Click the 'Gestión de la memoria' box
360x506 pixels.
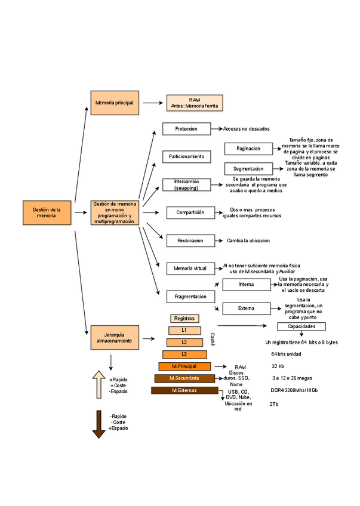coord(47,213)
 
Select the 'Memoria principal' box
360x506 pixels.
coord(115,103)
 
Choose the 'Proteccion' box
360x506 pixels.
coord(187,129)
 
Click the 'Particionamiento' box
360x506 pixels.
coord(187,156)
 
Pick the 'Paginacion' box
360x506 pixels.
coord(248,149)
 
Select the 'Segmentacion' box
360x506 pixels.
coord(248,169)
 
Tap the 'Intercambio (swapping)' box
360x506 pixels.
coord(187,184)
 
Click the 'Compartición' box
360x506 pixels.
coord(190,212)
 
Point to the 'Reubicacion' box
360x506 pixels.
coord(190,240)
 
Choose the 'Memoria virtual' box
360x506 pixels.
coord(190,269)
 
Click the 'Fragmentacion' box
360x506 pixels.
coord(190,297)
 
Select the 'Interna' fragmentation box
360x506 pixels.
coord(246,285)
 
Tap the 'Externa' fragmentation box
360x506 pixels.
coord(246,308)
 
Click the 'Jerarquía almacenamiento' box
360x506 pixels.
coord(115,337)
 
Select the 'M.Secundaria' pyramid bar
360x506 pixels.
coord(184,378)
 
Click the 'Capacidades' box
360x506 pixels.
coord(301,327)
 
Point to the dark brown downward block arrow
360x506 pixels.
coord(99,424)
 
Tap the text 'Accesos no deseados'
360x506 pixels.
coord(247,129)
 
